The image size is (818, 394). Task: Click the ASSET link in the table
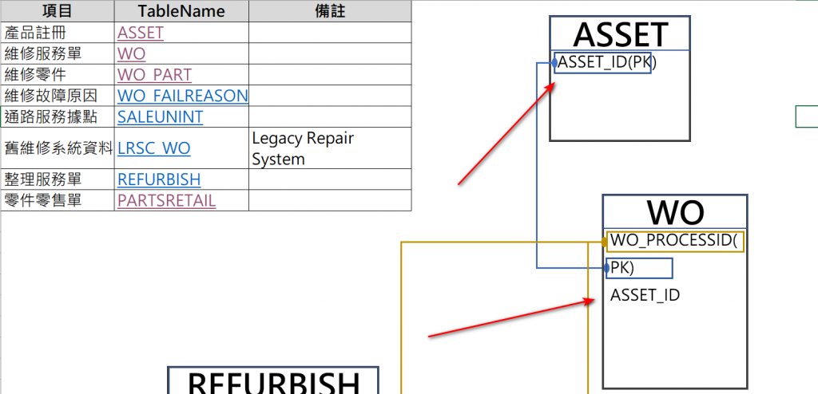click(x=141, y=33)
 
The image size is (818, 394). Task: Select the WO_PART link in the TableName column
click(x=154, y=75)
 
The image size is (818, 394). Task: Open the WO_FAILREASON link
click(x=182, y=96)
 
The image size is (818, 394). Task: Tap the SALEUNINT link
click(x=160, y=117)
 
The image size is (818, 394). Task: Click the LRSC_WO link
click(x=153, y=148)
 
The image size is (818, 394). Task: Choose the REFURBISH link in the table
click(x=159, y=179)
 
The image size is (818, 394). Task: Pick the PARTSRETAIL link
click(x=166, y=200)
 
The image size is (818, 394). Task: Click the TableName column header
click(x=181, y=11)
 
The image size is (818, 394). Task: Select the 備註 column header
click(x=330, y=11)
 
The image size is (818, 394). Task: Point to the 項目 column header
click(x=58, y=11)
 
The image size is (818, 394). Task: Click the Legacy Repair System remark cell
click(x=303, y=148)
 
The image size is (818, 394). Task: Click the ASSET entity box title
click(x=620, y=35)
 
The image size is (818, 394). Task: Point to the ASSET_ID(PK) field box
click(x=605, y=62)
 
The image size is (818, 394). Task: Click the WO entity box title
click(x=675, y=213)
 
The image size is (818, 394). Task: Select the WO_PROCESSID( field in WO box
click(x=675, y=241)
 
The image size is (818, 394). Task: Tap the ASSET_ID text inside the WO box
click(x=645, y=295)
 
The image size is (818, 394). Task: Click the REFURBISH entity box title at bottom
click(x=272, y=381)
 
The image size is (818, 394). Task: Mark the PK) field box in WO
click(x=639, y=268)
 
